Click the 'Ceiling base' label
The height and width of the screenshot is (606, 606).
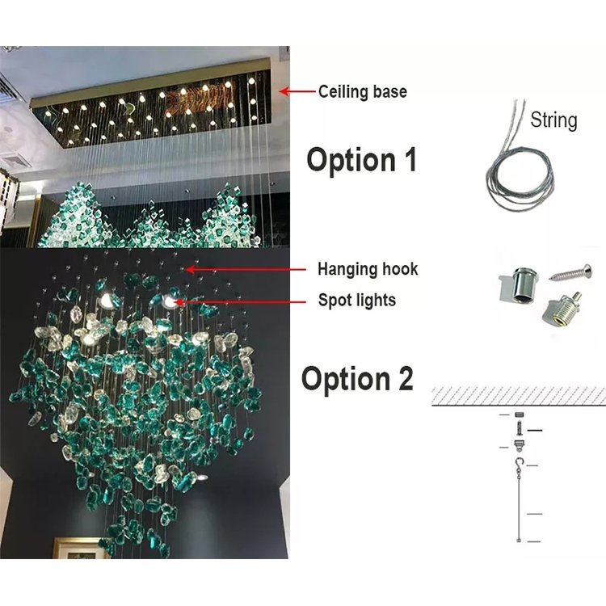point(363,92)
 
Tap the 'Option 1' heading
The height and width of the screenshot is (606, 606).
point(362,160)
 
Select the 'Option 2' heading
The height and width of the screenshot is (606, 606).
point(357,378)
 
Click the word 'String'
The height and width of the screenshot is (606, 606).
point(553,120)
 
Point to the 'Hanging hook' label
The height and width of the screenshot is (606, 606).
point(368,269)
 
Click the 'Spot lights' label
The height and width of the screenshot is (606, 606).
point(356,301)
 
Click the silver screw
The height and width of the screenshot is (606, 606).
point(570,272)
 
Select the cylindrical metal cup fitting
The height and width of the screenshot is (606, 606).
point(518,287)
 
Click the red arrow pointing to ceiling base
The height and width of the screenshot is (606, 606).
point(297,91)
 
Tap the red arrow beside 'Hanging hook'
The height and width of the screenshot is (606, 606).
point(245,269)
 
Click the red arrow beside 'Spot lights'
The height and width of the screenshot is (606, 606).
point(240,301)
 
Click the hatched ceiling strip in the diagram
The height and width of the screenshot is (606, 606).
point(519,396)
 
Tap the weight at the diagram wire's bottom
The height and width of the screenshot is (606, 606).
point(519,540)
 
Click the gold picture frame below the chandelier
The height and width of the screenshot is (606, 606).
point(78,548)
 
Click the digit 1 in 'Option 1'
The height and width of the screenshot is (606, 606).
point(410,159)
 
